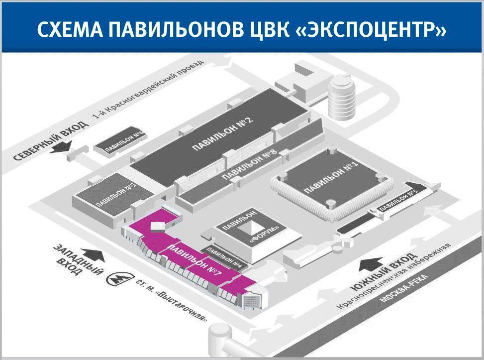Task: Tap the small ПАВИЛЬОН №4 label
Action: [x=224, y=257]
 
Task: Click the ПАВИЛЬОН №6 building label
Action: [x=119, y=141]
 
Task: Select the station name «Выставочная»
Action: [x=184, y=307]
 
